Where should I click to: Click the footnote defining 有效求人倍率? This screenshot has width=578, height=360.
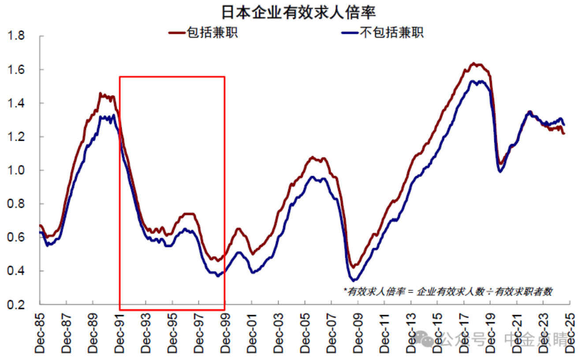[448, 292]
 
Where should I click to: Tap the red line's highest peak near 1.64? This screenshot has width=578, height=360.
[474, 64]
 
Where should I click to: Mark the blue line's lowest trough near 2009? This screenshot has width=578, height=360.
[354, 280]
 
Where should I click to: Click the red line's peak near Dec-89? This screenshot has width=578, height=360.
[101, 94]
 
